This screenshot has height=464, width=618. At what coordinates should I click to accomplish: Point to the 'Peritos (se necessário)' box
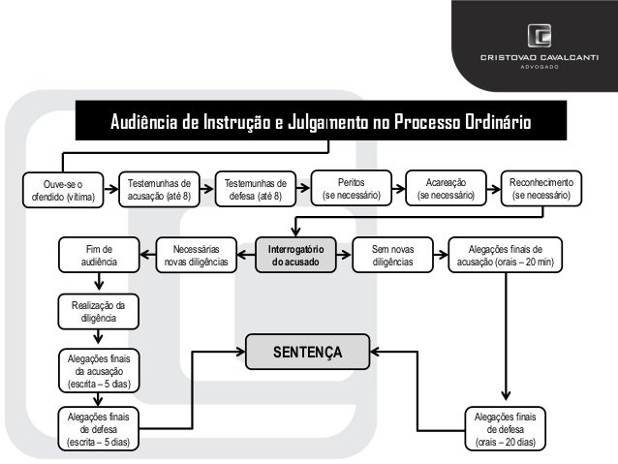click(352, 188)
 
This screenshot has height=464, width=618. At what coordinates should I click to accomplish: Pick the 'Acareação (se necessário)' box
click(446, 188)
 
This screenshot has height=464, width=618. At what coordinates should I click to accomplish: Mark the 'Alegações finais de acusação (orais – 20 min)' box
click(505, 255)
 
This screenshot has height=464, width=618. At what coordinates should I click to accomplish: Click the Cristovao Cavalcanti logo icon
click(540, 38)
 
